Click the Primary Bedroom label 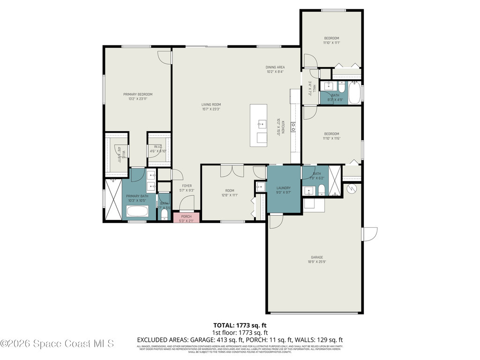(x=138, y=94)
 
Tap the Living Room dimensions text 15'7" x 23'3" (x=211, y=109)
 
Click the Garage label (x=317, y=257)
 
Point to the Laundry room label (x=284, y=188)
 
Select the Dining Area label (x=276, y=67)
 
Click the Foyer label (x=187, y=186)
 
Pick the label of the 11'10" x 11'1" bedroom (x=331, y=38)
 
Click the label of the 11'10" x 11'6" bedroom (x=331, y=134)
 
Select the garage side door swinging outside (x=370, y=234)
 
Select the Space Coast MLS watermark (x=57, y=344)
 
